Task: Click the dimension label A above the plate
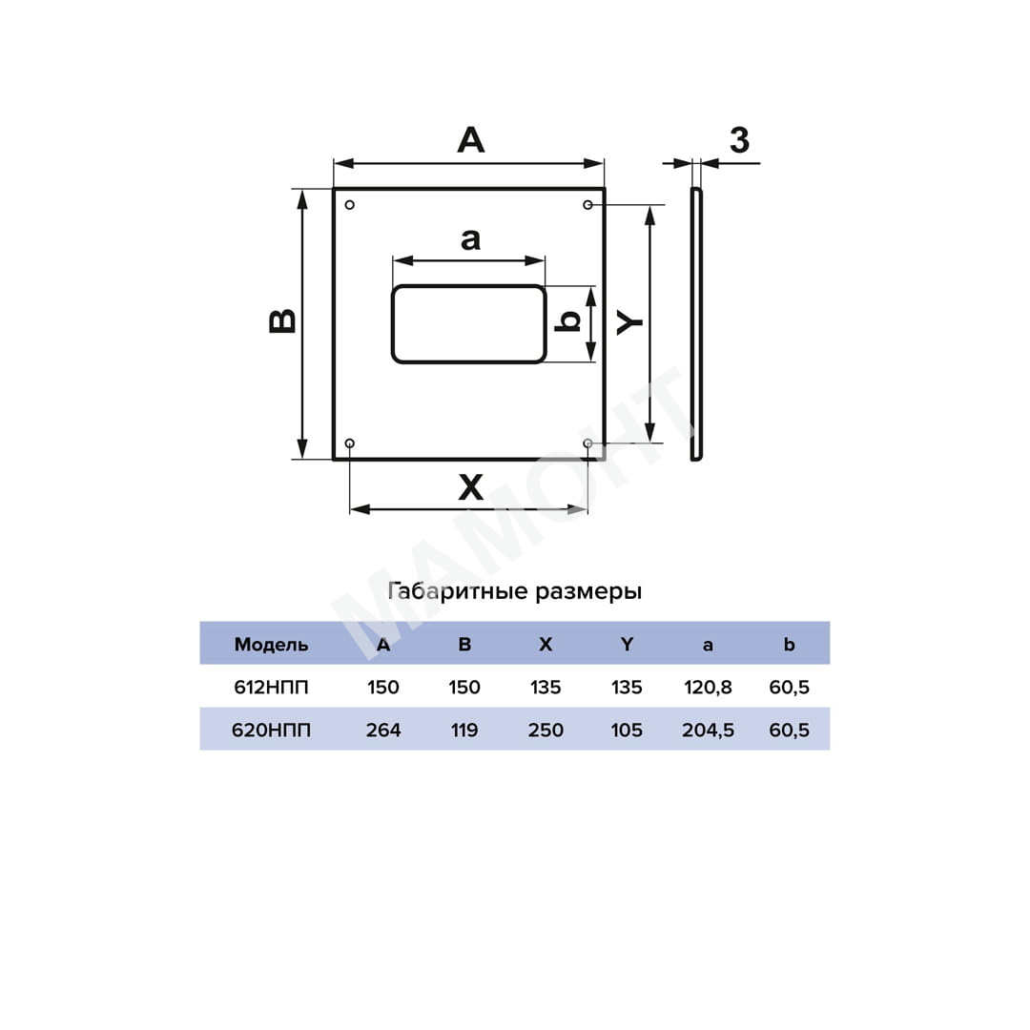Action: [471, 140]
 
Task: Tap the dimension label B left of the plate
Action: [282, 321]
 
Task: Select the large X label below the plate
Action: [470, 487]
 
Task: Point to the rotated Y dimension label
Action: [630, 322]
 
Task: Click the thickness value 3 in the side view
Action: [740, 140]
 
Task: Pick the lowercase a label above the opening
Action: [470, 239]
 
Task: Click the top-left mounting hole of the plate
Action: [349, 205]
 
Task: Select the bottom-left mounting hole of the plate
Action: [349, 443]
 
